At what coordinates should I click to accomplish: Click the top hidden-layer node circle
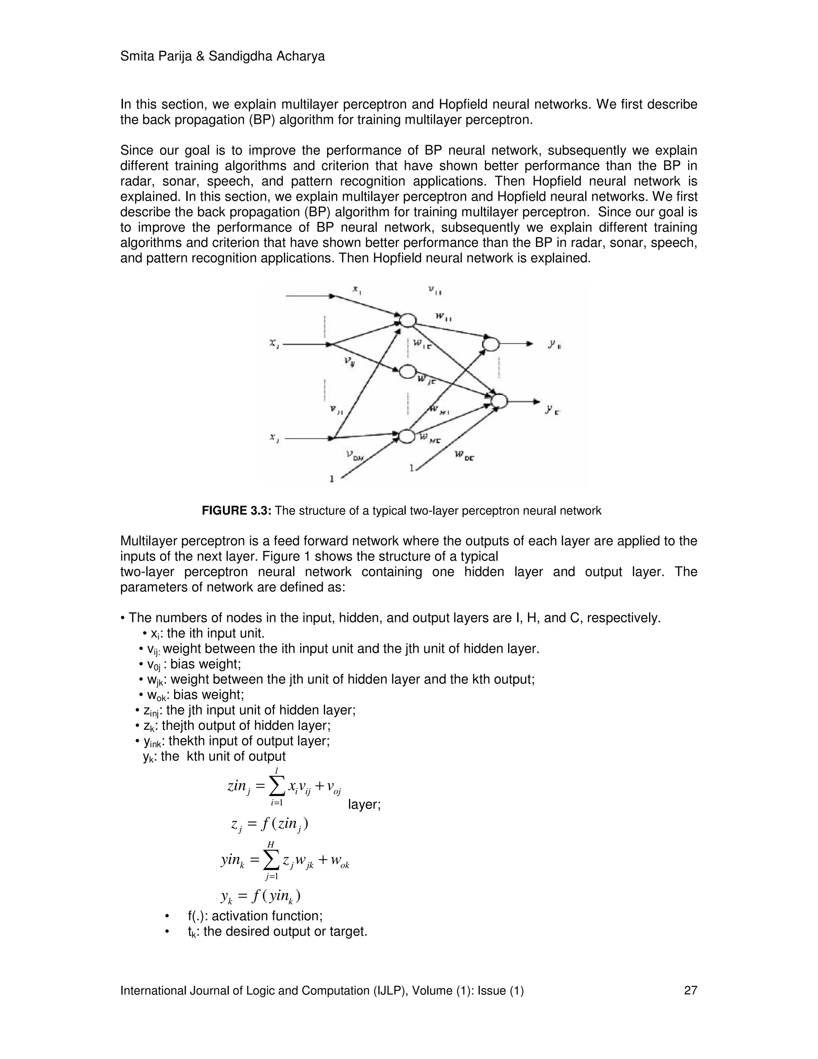pyautogui.click(x=407, y=320)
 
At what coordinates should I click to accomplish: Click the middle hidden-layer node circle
pyautogui.click(x=407, y=372)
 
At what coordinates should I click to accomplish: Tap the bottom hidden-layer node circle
pyautogui.click(x=407, y=436)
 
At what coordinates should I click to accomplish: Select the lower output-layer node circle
pyautogui.click(x=498, y=401)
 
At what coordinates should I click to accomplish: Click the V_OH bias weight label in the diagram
pyautogui.click(x=355, y=455)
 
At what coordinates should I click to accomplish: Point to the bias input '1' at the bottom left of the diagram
pyautogui.click(x=332, y=479)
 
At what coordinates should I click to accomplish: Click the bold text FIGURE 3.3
pyautogui.click(x=237, y=511)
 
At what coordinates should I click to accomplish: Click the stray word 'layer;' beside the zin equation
pyautogui.click(x=364, y=805)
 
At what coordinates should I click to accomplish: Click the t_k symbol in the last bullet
pyautogui.click(x=192, y=932)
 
